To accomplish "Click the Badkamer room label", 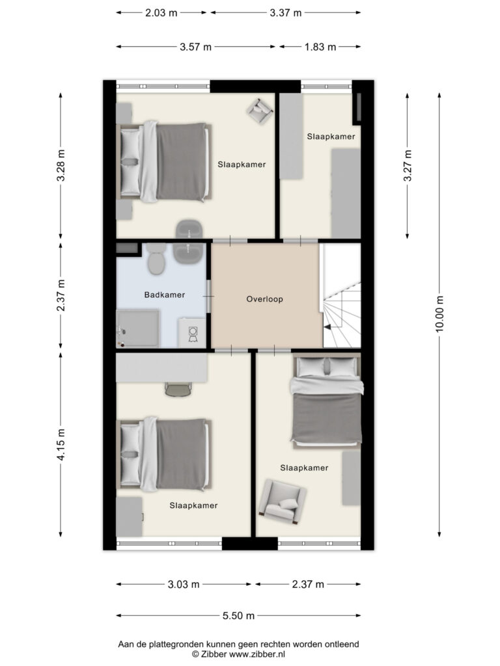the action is (x=165, y=295).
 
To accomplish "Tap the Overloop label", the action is (x=264, y=299).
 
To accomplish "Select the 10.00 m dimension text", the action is (x=439, y=314).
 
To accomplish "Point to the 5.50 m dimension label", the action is (x=238, y=615).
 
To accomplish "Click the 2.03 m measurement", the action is (x=161, y=13).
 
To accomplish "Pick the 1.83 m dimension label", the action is (x=320, y=47).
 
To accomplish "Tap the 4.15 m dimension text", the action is (x=61, y=445).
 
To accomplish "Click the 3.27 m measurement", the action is (x=408, y=166).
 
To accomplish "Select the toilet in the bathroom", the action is (x=156, y=258).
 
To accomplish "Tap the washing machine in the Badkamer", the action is (x=192, y=333).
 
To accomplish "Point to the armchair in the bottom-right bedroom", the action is (x=283, y=501).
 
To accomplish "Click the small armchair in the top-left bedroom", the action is (x=259, y=111).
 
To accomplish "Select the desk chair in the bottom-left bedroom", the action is (x=178, y=389).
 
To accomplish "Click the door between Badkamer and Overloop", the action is (x=209, y=296).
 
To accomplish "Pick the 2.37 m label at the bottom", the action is (x=308, y=585).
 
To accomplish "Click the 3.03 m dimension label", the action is (x=184, y=585).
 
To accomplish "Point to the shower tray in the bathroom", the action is (x=138, y=328).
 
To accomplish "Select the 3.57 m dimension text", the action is (x=195, y=47).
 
